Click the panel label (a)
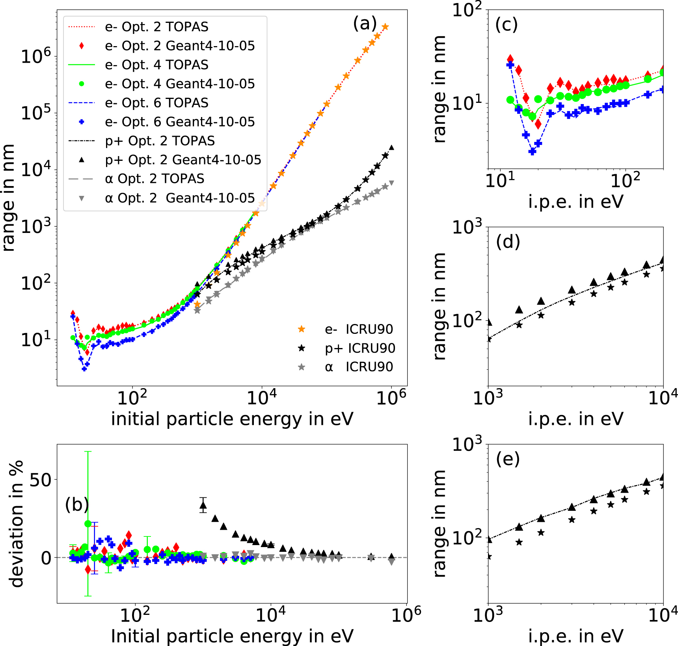365,24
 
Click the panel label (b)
77,505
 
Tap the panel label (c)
507,24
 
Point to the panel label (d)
508,242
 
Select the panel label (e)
508,459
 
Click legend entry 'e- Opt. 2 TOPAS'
156,27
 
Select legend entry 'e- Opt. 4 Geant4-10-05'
180,84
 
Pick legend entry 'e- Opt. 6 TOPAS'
156,103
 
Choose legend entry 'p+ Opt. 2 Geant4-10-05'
183,160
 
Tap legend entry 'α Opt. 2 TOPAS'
155,179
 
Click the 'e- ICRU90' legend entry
359,329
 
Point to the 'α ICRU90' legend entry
359,367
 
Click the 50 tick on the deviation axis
41,480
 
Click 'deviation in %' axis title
17,524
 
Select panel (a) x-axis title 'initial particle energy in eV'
232,419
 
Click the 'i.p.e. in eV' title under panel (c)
576,202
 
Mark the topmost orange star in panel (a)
385,27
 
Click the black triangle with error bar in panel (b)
203,505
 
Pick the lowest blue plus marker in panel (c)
533,151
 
